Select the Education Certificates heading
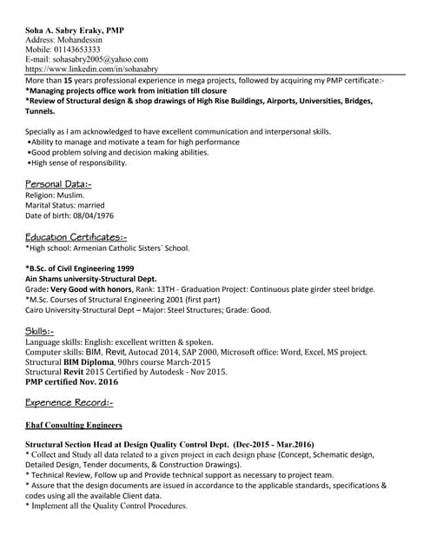point(76,237)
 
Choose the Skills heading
point(40,331)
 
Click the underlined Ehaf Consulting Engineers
point(74,426)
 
